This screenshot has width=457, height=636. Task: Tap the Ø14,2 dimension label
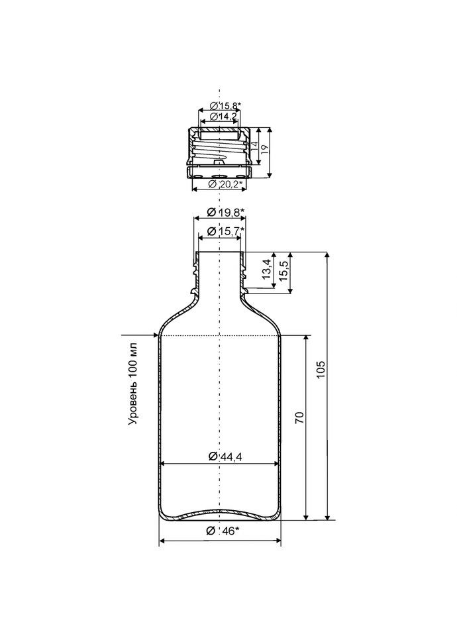pos(223,117)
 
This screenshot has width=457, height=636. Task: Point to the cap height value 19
pos(264,148)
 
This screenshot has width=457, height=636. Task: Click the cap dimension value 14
pos(254,146)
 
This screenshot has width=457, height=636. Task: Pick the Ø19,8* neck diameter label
pos(225,211)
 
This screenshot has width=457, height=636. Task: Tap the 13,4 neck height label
pos(266,269)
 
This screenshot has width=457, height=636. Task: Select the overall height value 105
pos(321,369)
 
